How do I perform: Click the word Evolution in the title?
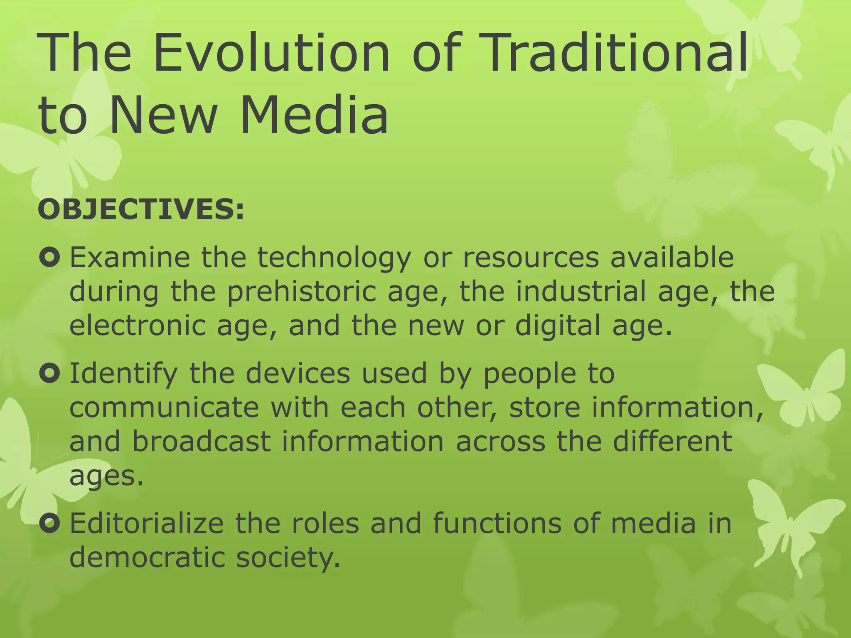271,54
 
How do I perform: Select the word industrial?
581,292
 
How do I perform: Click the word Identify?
123,374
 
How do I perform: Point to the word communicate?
164,407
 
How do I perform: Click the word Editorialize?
147,523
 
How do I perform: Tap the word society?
288,557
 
